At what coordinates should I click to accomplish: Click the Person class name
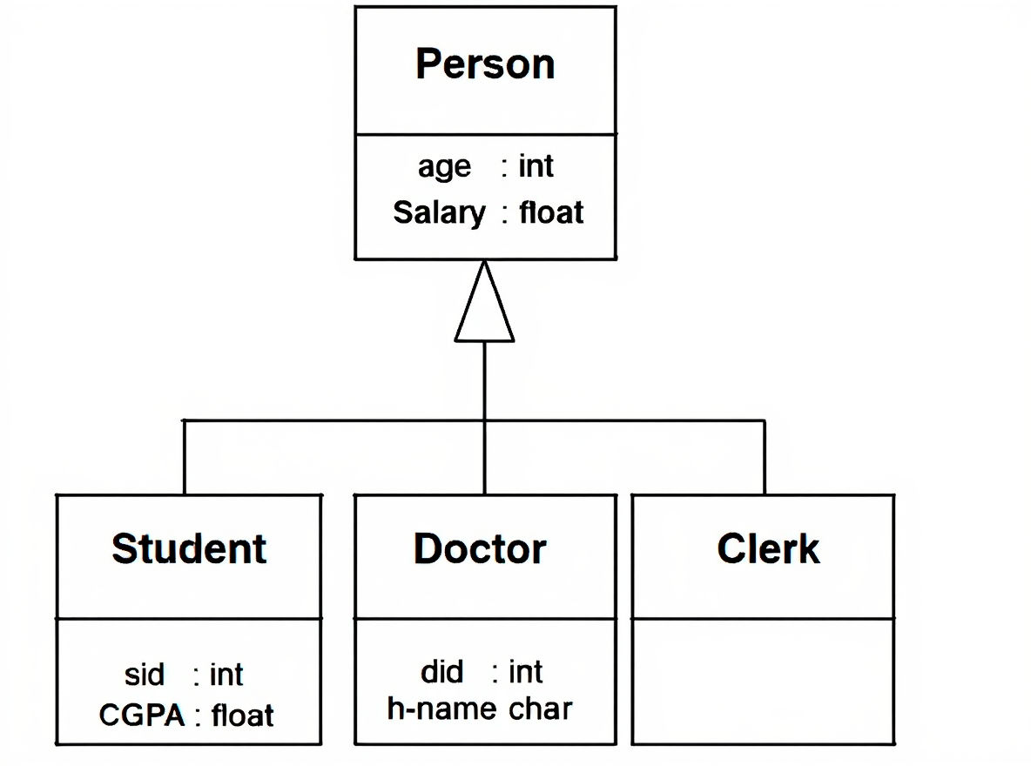485,64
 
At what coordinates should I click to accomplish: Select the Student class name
189,549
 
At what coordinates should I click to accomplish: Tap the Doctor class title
480,549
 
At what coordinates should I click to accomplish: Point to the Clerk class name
768,549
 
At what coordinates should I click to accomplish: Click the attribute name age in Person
444,167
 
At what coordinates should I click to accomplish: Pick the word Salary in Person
439,212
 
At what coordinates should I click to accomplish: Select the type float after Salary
551,212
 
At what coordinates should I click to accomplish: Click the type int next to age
536,165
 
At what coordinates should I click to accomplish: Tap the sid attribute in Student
145,675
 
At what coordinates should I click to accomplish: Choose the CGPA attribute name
142,716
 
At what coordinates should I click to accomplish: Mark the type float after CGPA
243,716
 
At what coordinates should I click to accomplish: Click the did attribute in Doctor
441,672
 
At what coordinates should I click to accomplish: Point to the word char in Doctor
540,709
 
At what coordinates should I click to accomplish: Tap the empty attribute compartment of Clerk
763,681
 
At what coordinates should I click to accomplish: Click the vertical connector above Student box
185,458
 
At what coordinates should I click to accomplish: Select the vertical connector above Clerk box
765,458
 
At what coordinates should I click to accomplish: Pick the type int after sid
226,675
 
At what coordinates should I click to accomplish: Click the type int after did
526,672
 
